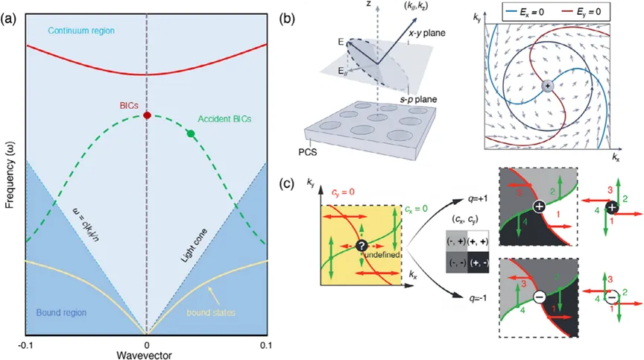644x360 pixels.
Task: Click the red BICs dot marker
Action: tap(147, 116)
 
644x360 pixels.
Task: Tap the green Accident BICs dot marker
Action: tap(191, 133)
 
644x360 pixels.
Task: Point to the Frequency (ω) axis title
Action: tap(8, 176)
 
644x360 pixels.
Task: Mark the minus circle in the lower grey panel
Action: tap(539, 297)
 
